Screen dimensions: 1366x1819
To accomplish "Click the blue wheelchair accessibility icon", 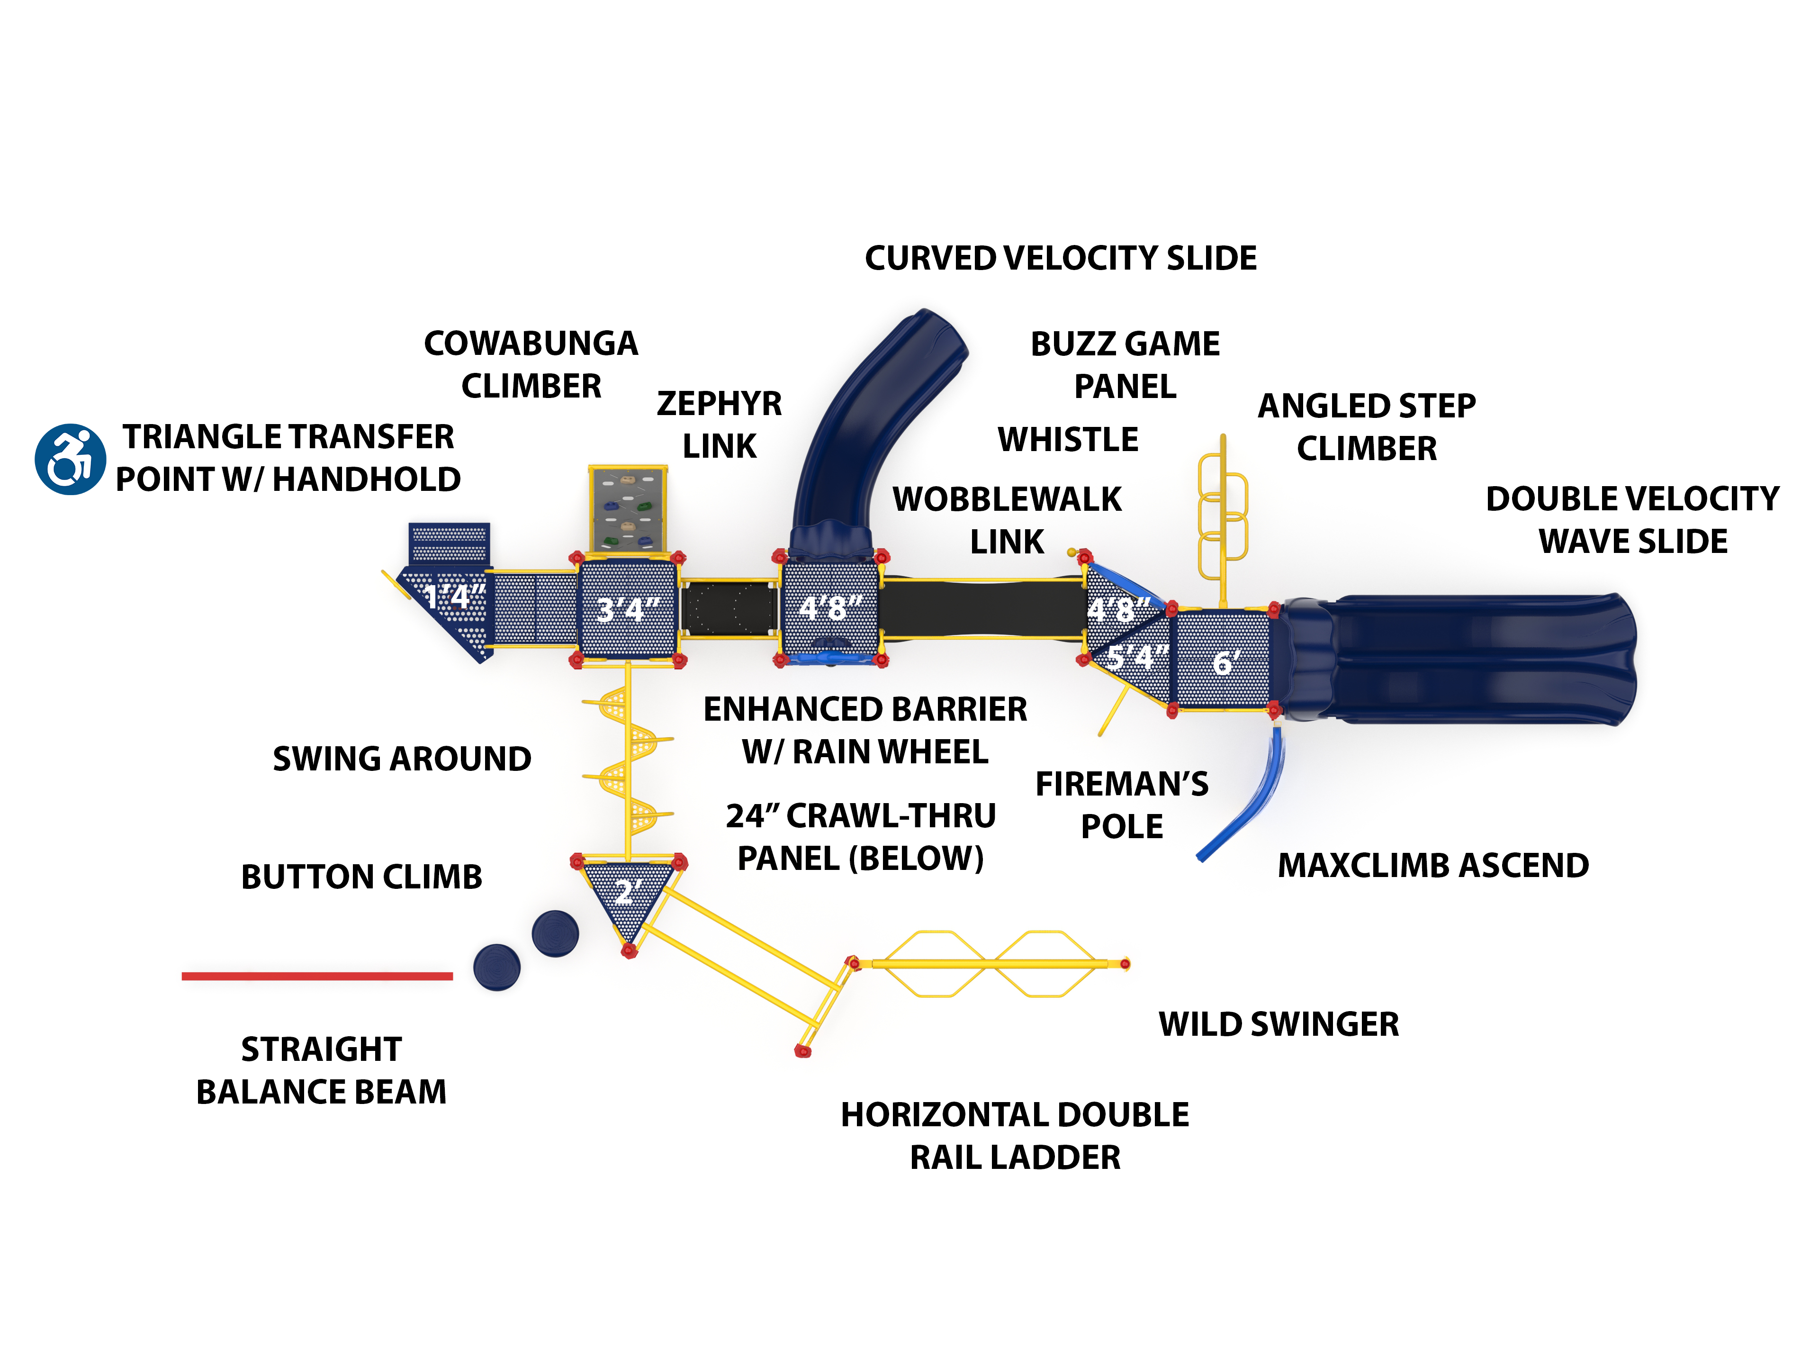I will tap(70, 459).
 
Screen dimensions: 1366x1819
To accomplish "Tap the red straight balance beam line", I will tap(316, 976).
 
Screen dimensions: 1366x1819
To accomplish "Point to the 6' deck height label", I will tap(1225, 662).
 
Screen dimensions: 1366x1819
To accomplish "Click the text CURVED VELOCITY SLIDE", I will tap(1060, 258).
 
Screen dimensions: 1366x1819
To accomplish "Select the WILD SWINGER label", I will tap(1278, 1024).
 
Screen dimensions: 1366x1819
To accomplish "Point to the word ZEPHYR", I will tap(719, 404).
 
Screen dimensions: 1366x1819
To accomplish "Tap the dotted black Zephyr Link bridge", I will tap(729, 608).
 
